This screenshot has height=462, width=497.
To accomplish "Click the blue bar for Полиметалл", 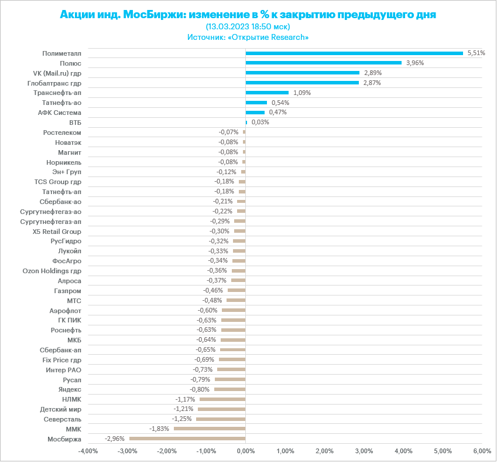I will [354, 53].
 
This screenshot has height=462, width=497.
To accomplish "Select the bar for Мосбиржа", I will [187, 439].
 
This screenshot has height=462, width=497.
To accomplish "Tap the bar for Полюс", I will [323, 63].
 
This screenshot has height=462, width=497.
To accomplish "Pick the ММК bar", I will [210, 429].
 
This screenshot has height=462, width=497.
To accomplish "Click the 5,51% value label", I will [476, 53].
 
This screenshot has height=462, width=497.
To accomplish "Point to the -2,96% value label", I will [114, 439].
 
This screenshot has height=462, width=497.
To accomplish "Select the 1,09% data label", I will [301, 93].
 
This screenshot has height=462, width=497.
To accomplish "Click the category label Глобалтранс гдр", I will [54, 83].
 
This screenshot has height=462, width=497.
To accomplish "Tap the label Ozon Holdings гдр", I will [52, 271].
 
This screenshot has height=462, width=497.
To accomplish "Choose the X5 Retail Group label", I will [57, 231].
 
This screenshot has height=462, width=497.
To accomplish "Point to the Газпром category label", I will [68, 290].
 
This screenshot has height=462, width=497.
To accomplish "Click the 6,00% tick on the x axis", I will [482, 451].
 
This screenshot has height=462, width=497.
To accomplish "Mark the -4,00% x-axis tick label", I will [88, 451].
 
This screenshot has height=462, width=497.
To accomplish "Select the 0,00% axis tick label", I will [245, 451].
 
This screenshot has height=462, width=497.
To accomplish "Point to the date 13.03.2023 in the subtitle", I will [227, 26].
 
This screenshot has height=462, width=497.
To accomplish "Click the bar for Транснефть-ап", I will [267, 93].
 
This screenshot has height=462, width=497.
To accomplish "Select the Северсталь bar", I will [221, 419].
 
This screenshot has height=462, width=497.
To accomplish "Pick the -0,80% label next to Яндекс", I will [200, 389].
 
